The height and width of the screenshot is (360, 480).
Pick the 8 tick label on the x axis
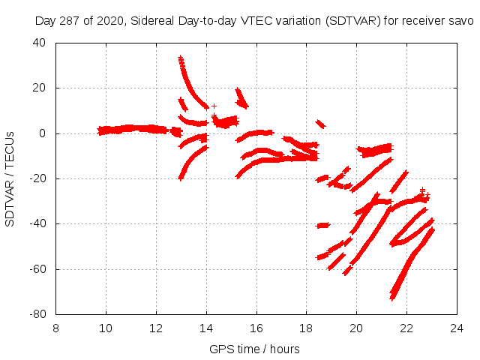tap(56, 328)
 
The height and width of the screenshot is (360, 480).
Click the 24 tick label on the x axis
tap(457, 328)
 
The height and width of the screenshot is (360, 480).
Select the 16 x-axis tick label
tap(256, 328)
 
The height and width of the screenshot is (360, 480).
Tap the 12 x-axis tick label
tap(156, 328)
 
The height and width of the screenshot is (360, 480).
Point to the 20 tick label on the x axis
tap(357, 328)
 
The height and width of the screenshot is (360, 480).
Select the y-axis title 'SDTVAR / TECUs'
tap(10, 178)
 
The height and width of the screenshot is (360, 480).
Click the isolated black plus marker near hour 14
tap(214, 106)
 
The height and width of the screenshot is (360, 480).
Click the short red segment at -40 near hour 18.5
tap(323, 225)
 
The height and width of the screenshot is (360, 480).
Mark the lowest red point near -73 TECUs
tap(392, 298)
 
